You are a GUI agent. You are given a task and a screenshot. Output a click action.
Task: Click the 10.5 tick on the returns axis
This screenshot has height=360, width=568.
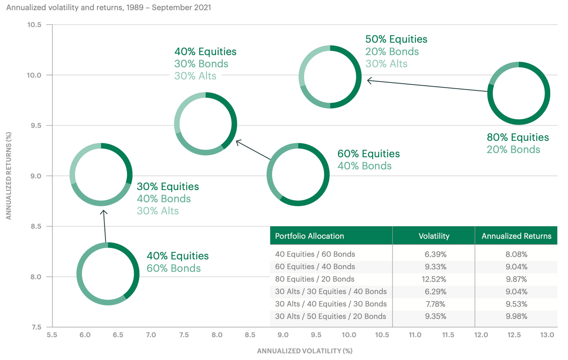pos(34,25)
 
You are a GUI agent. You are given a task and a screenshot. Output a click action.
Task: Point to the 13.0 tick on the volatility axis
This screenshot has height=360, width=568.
pos(547,335)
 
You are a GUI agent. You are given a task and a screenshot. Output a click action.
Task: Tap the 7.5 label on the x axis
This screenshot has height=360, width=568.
pos(184,335)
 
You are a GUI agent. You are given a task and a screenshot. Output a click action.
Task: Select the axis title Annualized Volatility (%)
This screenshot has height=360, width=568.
pos(305,351)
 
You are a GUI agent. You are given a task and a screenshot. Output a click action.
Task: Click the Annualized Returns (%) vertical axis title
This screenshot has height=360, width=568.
pos(9,176)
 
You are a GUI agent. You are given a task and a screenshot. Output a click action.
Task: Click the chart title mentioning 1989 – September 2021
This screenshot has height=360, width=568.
pos(109,8)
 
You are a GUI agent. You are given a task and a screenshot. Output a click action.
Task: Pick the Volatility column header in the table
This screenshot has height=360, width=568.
pos(434,236)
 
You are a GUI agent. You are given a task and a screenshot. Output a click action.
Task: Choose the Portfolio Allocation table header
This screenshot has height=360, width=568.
pos(309,236)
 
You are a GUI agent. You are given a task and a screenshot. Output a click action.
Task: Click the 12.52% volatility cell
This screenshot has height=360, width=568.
pos(434,279)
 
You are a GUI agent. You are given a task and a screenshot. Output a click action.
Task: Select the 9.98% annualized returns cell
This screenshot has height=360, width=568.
pos(516,316)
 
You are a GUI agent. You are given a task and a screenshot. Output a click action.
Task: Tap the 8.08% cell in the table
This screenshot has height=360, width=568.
pos(516,254)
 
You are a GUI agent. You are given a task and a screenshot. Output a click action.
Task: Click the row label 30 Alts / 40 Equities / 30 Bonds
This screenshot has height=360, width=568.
pos(331,304)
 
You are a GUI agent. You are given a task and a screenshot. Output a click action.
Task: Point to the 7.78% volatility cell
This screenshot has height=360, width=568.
pos(435,304)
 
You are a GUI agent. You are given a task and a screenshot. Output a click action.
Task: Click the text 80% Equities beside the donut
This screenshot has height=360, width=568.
pos(518,137)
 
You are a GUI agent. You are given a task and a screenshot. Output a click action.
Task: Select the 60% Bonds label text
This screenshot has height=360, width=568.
pos(173,268)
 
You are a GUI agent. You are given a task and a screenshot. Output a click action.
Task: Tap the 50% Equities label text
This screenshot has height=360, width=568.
pos(396,39)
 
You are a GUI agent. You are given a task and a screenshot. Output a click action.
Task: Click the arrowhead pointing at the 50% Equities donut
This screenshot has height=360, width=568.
pos(369,81)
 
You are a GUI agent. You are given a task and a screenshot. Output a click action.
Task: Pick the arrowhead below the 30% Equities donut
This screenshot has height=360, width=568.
pos(104,212)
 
